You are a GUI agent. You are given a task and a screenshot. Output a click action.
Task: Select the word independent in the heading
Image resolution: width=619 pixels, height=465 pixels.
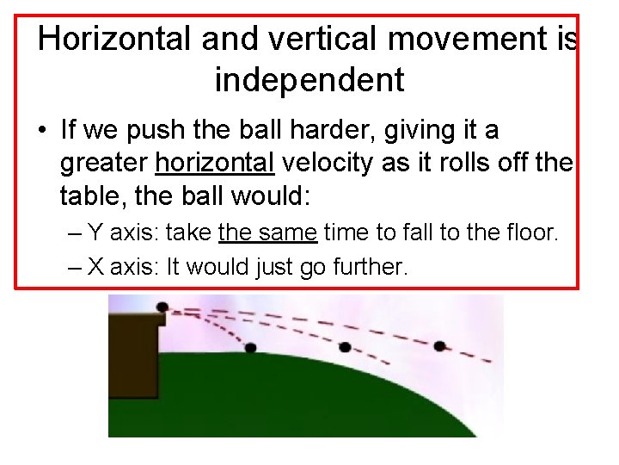(309, 80)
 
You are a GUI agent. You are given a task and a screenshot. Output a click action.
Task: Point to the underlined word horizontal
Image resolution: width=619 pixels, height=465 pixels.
(215, 164)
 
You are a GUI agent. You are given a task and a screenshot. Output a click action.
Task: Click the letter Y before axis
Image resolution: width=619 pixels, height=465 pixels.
(96, 232)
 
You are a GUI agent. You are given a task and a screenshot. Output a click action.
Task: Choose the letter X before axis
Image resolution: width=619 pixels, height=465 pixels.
(96, 267)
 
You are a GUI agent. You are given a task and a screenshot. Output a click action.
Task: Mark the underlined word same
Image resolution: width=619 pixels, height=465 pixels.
(292, 232)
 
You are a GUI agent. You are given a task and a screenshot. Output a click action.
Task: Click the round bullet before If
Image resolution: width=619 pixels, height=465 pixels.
(42, 132)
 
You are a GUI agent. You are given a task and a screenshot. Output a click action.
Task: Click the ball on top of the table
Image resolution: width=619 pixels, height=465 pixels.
(162, 307)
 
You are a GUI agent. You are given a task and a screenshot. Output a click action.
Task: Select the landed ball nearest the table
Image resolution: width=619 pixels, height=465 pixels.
(250, 348)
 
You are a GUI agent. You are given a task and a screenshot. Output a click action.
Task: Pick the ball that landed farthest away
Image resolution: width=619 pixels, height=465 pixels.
(439, 346)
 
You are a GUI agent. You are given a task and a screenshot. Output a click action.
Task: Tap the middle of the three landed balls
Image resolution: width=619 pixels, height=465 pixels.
(345, 347)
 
